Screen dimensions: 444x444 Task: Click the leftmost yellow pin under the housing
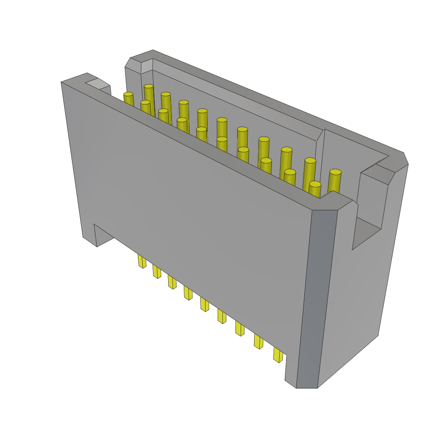pos(142,261)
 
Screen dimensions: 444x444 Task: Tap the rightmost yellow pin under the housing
pos(278,355)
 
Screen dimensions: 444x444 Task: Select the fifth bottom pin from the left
pos(204,304)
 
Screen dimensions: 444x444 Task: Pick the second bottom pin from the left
pos(157,271)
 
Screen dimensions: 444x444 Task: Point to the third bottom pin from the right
pos(240,328)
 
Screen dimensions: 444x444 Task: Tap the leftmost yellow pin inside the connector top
pos(128,99)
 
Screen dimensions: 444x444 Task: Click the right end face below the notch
pos(356,304)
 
